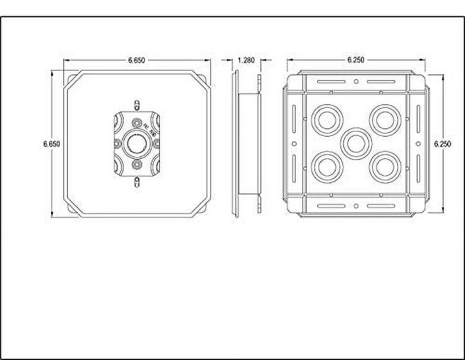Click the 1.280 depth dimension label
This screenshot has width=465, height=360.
(x=246, y=60)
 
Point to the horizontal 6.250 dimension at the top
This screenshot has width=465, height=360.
(x=356, y=60)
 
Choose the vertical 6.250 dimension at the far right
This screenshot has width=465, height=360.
(x=442, y=144)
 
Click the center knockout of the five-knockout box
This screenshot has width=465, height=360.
(x=356, y=143)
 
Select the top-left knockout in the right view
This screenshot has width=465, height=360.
(x=327, y=120)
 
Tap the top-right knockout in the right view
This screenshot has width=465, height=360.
(x=385, y=120)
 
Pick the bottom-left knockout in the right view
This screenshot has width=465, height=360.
(x=327, y=167)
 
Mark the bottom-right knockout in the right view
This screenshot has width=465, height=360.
(x=385, y=167)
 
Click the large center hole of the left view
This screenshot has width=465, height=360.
(x=136, y=143)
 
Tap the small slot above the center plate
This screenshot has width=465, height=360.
(x=136, y=104)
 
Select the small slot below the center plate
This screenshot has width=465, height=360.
(x=136, y=183)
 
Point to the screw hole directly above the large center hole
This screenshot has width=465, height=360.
(x=136, y=123)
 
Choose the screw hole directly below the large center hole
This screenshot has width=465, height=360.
(x=136, y=164)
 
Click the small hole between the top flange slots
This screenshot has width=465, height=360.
(x=356, y=81)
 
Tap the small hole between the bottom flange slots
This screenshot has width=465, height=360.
(x=356, y=206)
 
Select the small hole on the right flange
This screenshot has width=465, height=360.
(x=418, y=143)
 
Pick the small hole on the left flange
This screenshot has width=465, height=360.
(x=294, y=143)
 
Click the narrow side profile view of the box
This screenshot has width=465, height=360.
(x=246, y=143)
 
